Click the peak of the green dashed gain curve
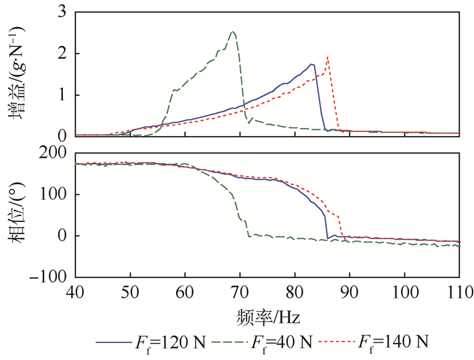coord(233,31)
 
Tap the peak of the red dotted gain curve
coord(328,57)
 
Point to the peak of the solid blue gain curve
coord(311,64)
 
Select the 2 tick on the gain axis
coord(62,53)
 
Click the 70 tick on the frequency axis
coord(240,292)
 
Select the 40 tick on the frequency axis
coord(76,292)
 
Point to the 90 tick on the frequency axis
coord(349,292)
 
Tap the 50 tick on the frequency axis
coord(131,292)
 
